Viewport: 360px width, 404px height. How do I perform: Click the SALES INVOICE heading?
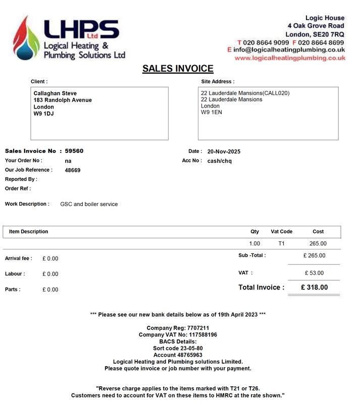coord(178,69)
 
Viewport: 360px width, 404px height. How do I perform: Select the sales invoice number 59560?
coord(74,151)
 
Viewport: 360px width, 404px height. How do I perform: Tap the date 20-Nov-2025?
coord(224,151)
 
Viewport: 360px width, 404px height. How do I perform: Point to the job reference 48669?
coord(73,170)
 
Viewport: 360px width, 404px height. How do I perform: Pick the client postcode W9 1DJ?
coord(43,114)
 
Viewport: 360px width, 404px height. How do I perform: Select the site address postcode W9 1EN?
coord(211,112)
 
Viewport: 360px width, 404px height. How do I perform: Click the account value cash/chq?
coord(219,161)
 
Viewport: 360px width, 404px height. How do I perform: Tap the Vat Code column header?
coord(281,232)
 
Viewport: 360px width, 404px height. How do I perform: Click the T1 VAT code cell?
coord(281,244)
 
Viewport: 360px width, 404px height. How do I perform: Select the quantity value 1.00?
coord(254,244)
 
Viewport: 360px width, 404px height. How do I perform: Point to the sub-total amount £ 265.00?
coord(314,256)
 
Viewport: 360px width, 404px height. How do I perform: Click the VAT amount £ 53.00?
coord(314,273)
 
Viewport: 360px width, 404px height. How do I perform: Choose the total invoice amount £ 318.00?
coord(314,287)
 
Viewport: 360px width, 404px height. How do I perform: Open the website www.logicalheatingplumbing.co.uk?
coord(290,58)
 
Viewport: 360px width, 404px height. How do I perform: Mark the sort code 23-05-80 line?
coord(178,348)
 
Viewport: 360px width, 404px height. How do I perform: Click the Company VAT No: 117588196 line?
coord(178,335)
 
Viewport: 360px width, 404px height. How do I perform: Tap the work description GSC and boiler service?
coord(89,205)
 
